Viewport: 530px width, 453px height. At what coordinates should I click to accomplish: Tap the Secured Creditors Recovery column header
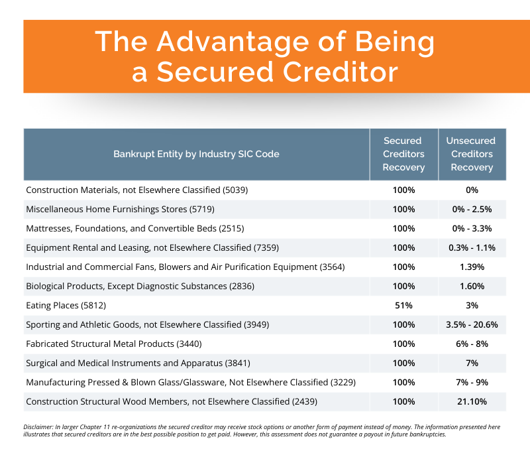[x=403, y=154]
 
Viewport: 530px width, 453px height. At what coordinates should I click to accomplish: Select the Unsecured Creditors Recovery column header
[x=472, y=154]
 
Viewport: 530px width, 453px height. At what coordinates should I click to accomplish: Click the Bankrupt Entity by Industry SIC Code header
[x=196, y=154]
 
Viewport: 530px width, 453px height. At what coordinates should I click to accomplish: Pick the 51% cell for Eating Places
[x=403, y=306]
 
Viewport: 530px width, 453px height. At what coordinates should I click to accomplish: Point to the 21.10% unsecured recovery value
[x=472, y=402]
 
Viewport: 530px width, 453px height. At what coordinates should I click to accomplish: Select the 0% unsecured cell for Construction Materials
[x=472, y=190]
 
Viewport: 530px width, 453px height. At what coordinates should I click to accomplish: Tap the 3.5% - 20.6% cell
[x=472, y=325]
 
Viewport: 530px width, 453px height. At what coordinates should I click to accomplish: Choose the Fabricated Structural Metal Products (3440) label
[x=114, y=344]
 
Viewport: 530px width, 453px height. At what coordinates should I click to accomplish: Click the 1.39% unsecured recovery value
[x=472, y=267]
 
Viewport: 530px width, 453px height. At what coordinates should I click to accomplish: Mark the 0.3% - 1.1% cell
[x=472, y=248]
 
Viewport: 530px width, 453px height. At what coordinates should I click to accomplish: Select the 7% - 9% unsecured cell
[x=472, y=383]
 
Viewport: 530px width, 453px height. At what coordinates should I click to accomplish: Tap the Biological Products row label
[x=140, y=287]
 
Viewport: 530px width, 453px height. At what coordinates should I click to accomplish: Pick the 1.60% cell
[x=472, y=287]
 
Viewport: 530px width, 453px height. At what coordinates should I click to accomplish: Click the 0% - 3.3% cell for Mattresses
[x=472, y=229]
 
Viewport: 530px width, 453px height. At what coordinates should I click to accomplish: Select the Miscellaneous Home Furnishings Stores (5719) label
[x=121, y=210]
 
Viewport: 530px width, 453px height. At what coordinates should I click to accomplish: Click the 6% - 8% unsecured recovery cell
[x=472, y=344]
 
